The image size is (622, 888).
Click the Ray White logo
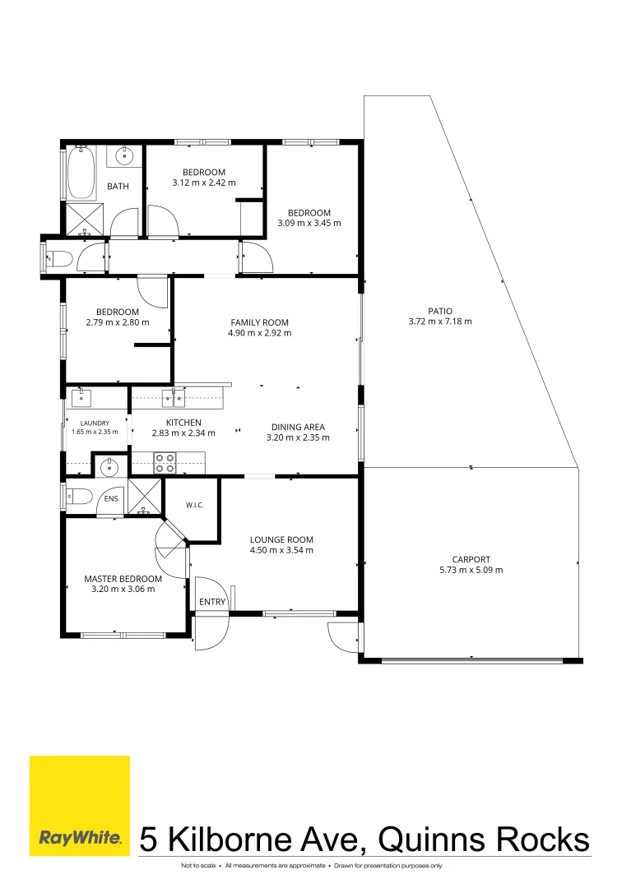point(80,805)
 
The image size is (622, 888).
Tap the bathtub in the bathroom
point(81,172)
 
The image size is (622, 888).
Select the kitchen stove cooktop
point(165,463)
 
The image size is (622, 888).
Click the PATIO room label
point(440,311)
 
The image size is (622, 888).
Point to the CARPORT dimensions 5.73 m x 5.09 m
point(471,570)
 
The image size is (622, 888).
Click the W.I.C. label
point(195,505)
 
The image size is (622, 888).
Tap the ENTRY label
point(212,601)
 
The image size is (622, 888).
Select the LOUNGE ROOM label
point(281,539)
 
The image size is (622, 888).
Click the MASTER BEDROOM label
point(123,579)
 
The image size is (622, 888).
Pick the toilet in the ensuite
point(79,497)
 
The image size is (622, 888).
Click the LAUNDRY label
point(95,423)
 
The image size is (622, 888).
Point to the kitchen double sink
point(174,398)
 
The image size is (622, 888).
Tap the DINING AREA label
point(298,427)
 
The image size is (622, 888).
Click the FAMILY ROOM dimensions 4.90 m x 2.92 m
point(260,333)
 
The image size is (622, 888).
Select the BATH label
point(118,186)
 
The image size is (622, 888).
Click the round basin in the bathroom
point(124,155)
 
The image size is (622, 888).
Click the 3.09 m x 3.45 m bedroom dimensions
point(309,223)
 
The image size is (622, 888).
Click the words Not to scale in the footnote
point(198,866)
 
